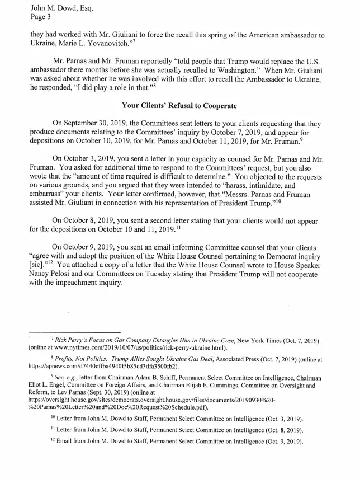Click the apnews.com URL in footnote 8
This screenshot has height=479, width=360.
tap(106, 366)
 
